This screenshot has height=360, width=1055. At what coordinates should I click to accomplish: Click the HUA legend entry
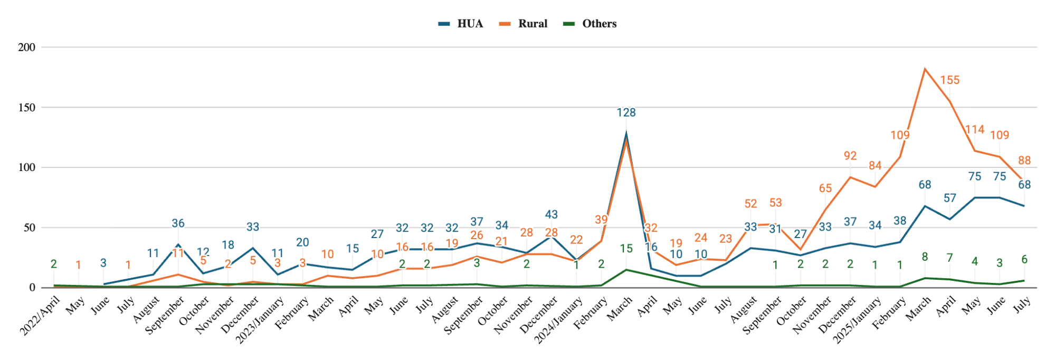click(461, 24)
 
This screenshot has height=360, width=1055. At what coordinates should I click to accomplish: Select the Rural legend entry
click(524, 24)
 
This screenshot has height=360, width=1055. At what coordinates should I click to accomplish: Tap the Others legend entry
click(591, 24)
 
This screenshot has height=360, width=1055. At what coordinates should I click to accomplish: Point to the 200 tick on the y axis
click(26, 48)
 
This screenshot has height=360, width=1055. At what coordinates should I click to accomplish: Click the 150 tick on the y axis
click(26, 108)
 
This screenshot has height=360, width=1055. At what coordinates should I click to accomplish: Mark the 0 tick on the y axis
click(32, 288)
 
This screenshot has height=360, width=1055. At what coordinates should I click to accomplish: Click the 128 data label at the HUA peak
click(626, 112)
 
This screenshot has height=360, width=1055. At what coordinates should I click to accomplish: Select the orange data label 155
click(949, 80)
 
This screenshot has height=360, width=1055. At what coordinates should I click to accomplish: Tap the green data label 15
click(626, 249)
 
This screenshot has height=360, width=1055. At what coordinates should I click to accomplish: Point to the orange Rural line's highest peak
click(925, 69)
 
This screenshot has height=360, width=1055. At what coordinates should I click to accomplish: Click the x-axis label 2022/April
click(40, 316)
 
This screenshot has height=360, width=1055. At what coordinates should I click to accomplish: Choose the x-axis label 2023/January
click(260, 320)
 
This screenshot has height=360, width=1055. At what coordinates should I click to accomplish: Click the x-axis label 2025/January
click(857, 320)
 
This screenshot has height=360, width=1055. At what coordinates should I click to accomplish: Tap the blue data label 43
click(551, 215)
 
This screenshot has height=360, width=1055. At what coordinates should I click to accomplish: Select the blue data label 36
click(178, 223)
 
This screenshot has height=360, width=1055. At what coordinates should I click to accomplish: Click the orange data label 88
click(1024, 160)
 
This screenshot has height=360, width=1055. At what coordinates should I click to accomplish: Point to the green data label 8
click(925, 257)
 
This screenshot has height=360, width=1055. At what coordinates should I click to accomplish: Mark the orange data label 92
click(850, 156)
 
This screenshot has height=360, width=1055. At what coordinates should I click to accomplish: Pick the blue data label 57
click(949, 198)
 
